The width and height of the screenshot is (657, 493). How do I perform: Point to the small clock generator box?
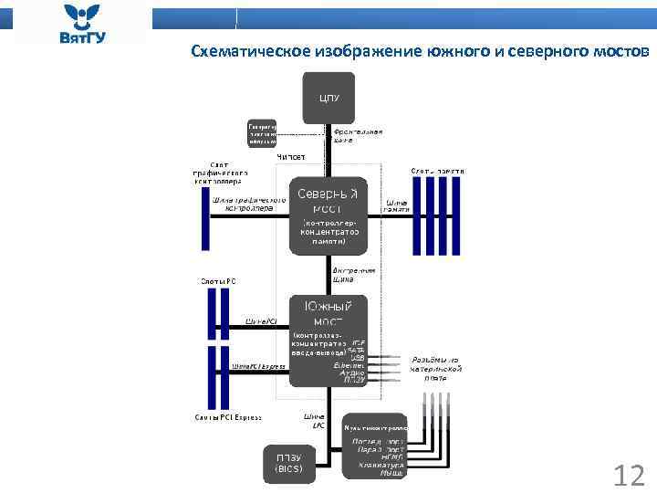(263, 133)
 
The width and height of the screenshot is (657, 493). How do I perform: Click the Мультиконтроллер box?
(374, 426)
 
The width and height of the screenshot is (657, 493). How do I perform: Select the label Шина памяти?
(396, 207)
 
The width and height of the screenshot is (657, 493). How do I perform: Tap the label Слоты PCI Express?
(227, 417)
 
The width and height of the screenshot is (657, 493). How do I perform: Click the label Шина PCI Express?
(258, 366)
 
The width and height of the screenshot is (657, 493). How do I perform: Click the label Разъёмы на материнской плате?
(441, 367)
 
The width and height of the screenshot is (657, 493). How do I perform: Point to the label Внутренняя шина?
(353, 275)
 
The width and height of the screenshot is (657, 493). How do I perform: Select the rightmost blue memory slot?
(457, 215)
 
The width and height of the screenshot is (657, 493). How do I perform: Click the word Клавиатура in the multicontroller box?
(375, 465)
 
